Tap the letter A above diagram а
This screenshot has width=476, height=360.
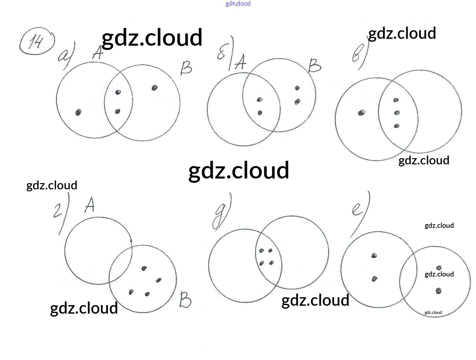click(x=97, y=53)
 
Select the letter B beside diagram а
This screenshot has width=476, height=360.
click(x=186, y=68)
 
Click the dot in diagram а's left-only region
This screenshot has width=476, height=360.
click(x=78, y=112)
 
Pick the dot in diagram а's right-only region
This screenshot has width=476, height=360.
click(x=155, y=87)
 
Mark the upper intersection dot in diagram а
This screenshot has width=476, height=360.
click(x=118, y=92)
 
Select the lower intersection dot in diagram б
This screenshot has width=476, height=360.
click(x=260, y=113)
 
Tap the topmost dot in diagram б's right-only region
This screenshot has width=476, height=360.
click(x=297, y=88)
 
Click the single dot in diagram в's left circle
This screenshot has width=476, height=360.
click(x=361, y=113)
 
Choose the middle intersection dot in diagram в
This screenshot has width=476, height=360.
click(x=397, y=113)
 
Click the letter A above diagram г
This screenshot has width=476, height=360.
click(x=89, y=204)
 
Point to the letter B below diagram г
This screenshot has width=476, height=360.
click(x=185, y=300)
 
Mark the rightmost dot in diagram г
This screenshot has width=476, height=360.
click(x=159, y=280)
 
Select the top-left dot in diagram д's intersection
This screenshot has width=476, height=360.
click(x=262, y=251)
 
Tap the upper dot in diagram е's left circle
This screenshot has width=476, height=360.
click(x=374, y=255)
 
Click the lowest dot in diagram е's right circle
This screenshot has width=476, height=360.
click(x=438, y=291)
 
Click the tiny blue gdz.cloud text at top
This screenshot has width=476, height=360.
click(x=238, y=4)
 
